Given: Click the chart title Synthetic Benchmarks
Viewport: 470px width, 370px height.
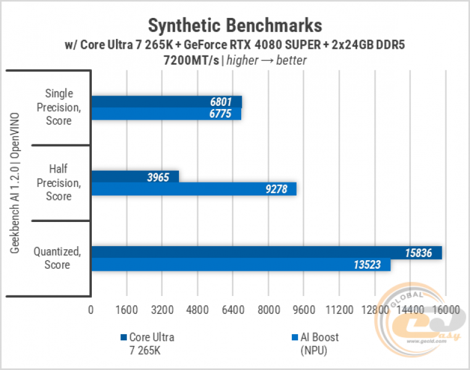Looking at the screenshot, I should click(235, 25).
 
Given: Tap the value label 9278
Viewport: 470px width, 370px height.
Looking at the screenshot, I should click(276, 189).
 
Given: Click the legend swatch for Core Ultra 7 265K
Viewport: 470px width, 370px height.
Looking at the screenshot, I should click(123, 338).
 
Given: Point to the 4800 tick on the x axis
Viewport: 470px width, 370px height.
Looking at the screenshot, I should click(197, 309).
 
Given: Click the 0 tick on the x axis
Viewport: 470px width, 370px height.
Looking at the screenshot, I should click(91, 309).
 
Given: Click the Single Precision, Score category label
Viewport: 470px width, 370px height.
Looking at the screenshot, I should click(59, 107).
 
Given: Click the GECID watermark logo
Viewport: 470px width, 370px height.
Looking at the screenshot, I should click(426, 319).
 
